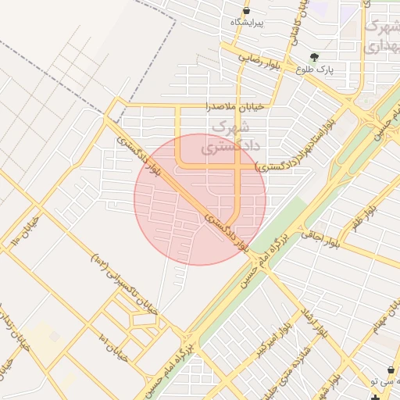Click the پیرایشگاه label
(x=247, y=23)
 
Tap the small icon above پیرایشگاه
(x=247, y=10)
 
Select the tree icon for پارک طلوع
(x=314, y=57)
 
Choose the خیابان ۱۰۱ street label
(x=113, y=346)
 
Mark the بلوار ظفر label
(x=364, y=220)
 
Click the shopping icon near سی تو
(x=391, y=370)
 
